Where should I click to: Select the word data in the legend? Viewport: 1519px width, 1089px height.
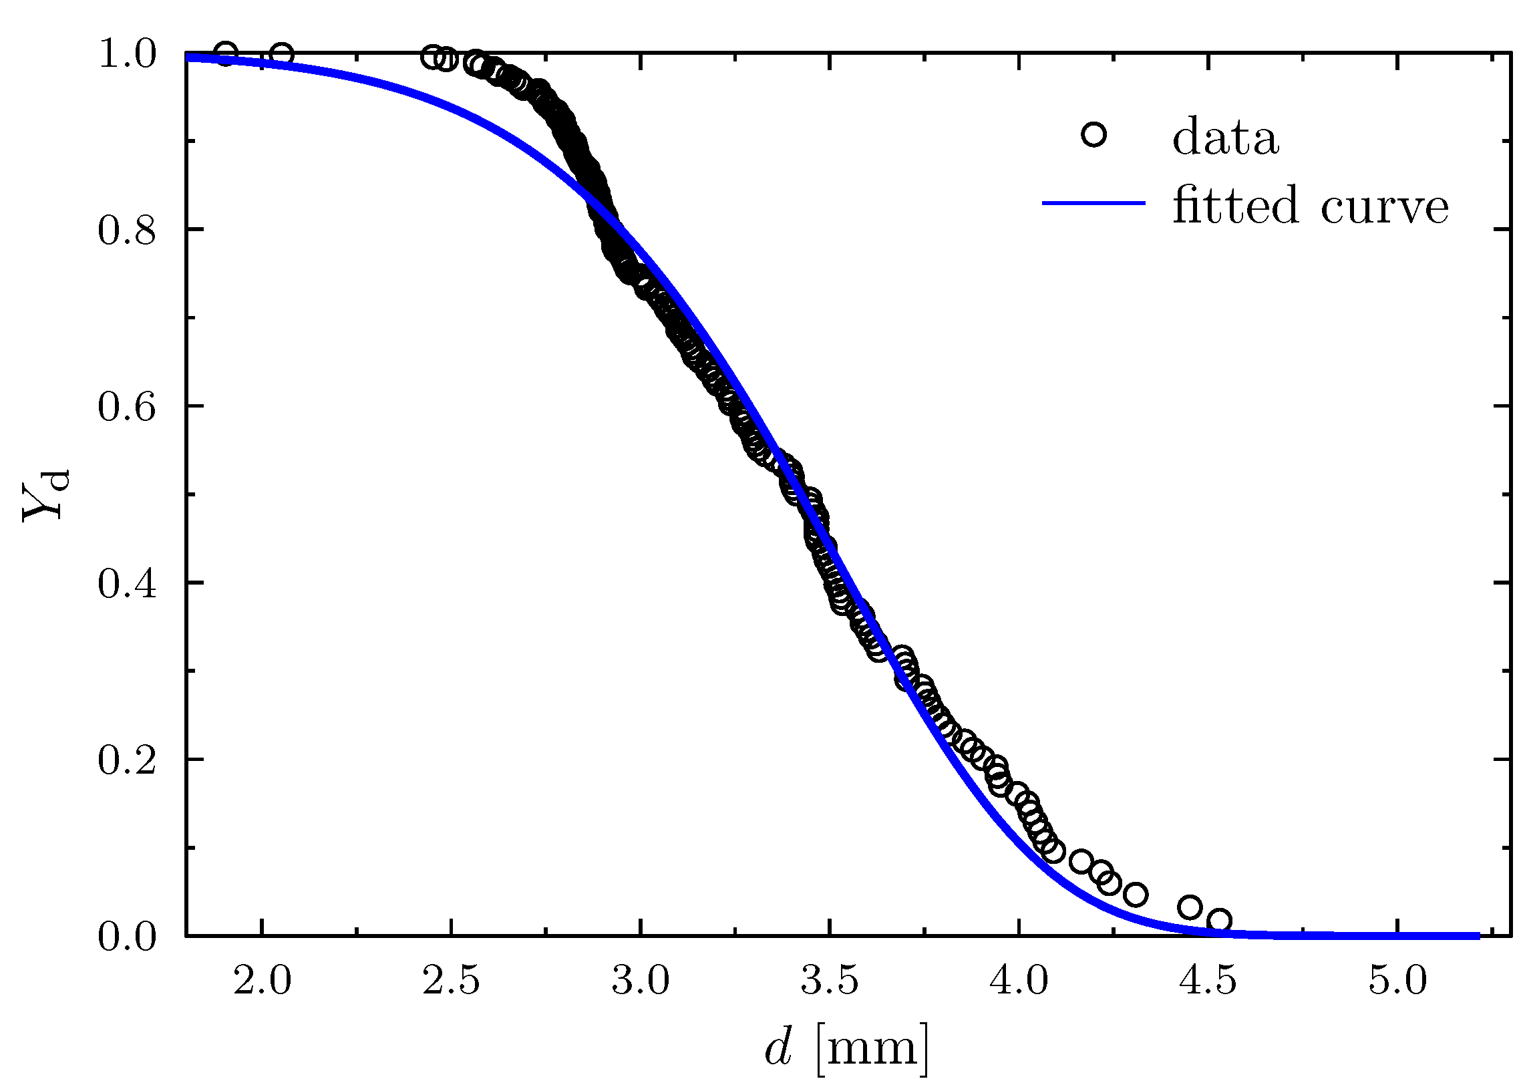[x=1225, y=138]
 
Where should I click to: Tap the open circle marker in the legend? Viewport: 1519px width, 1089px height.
[x=1093, y=134]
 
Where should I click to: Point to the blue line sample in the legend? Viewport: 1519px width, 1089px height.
[x=1093, y=203]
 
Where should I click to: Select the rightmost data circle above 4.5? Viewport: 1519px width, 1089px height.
[x=1220, y=920]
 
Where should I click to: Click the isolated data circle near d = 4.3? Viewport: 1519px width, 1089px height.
[x=1135, y=894]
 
